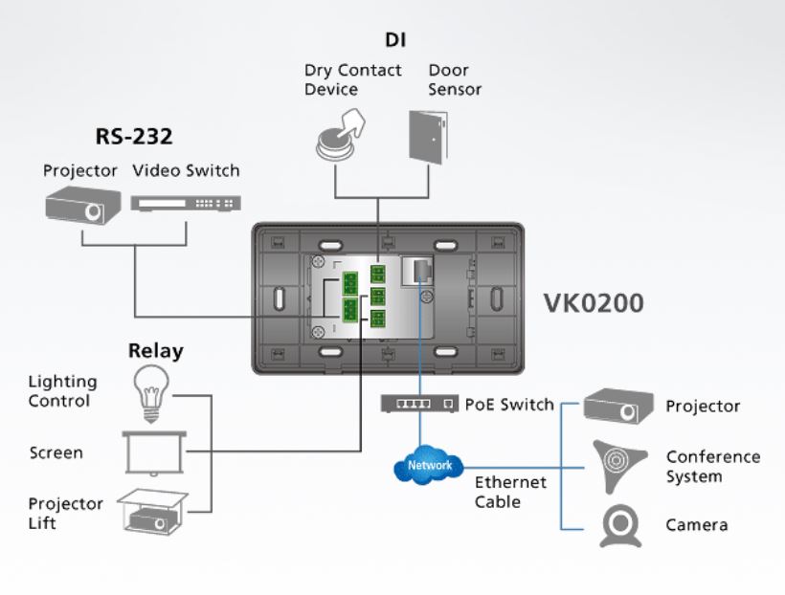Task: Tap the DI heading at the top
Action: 395,40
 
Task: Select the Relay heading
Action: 155,351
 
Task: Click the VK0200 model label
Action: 594,303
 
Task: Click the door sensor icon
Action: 428,137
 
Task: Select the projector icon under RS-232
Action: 83,206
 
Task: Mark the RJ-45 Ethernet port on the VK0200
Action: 418,271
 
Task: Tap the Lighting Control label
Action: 62,391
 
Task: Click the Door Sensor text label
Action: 455,80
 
